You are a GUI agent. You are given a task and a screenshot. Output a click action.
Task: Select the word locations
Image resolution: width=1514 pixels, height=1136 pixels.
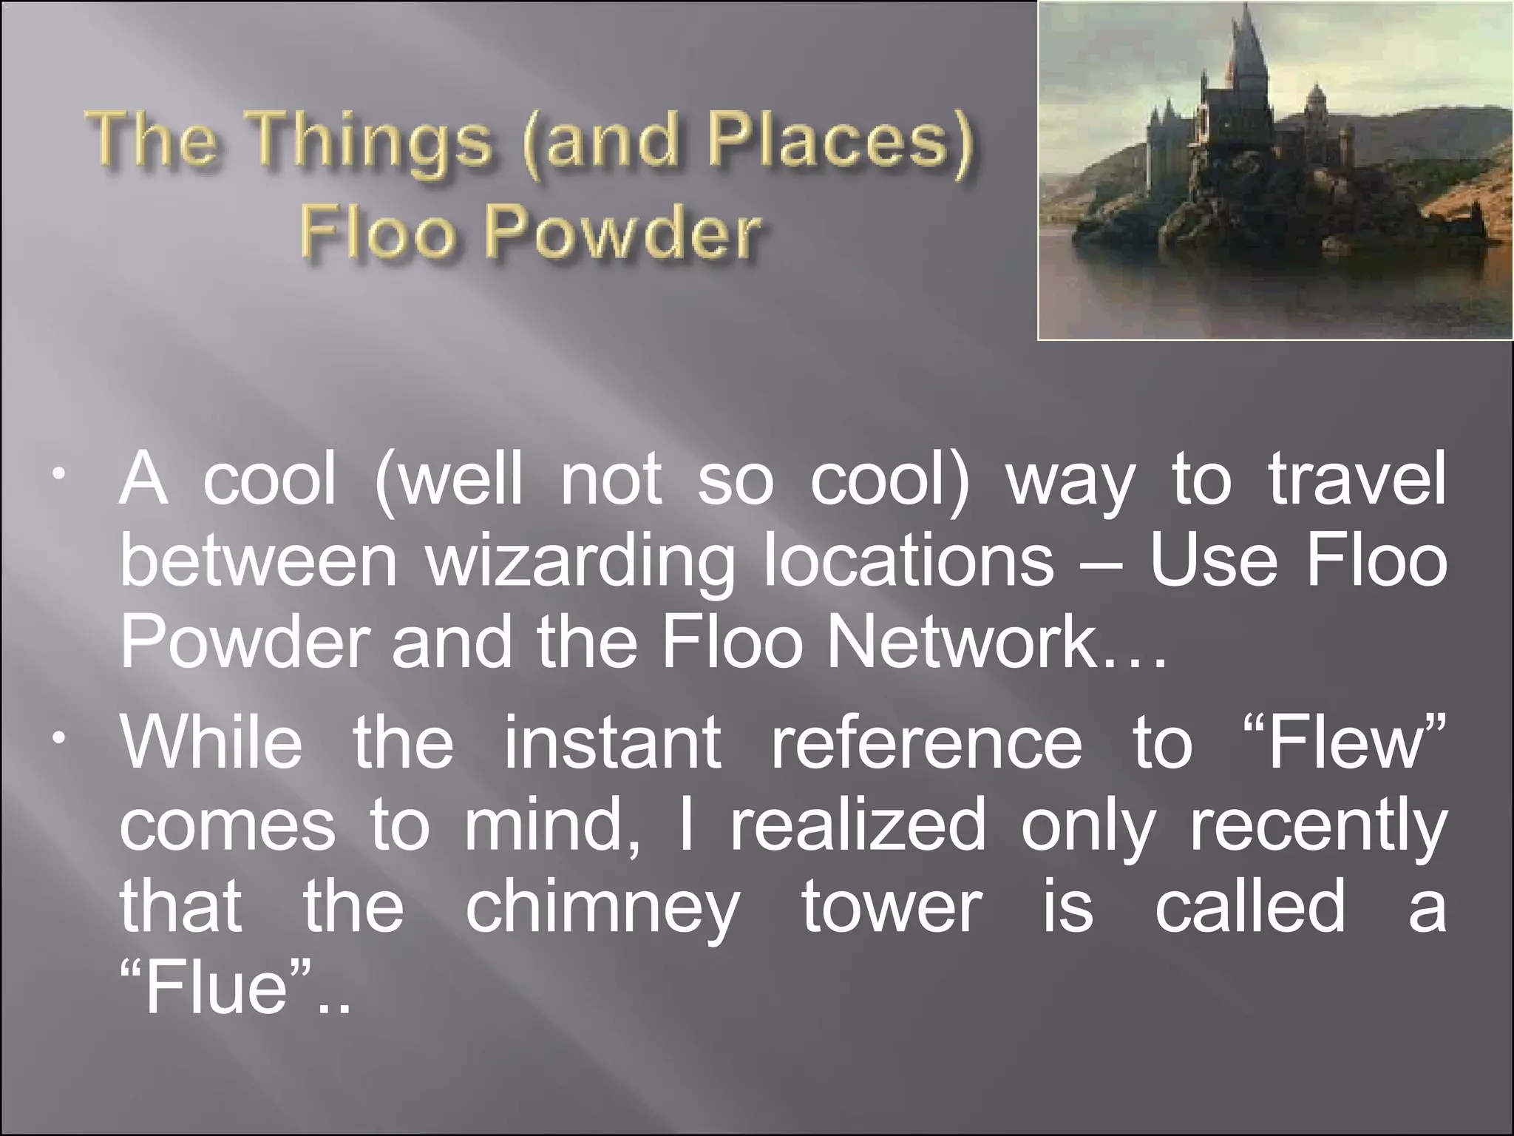pyautogui.click(x=909, y=561)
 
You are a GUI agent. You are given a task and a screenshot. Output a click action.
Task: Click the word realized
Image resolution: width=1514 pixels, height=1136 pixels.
pyautogui.click(x=858, y=825)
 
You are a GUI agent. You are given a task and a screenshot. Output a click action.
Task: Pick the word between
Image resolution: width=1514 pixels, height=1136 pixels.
pyautogui.click(x=259, y=561)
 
